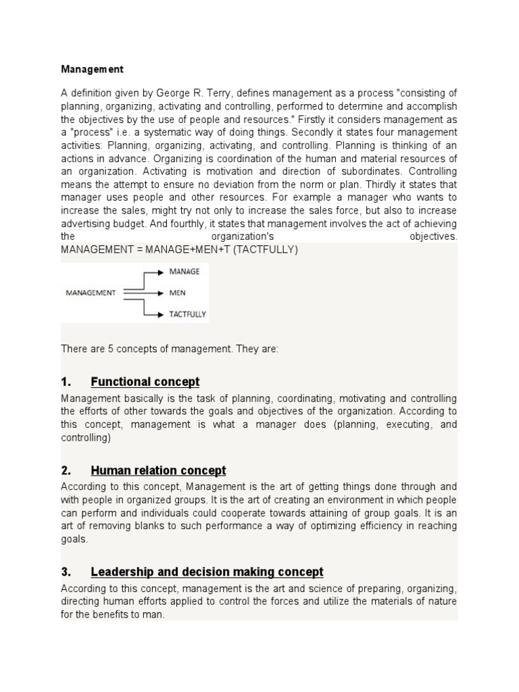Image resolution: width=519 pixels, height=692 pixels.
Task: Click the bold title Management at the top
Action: click(93, 69)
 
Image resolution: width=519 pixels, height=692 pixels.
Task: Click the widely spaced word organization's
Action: click(243, 237)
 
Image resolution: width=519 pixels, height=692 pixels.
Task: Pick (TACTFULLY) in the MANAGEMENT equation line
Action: click(264, 249)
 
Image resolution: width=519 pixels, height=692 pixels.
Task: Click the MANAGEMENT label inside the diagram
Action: click(91, 293)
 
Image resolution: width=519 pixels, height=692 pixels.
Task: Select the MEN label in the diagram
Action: click(177, 293)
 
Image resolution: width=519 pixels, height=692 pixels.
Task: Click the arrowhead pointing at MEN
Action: click(159, 293)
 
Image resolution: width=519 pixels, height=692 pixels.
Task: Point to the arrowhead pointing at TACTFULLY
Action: click(159, 314)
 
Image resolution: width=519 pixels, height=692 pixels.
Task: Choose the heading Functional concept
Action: click(145, 382)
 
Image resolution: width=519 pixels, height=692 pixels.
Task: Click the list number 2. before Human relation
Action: click(66, 470)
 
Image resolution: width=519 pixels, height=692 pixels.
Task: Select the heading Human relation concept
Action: click(158, 470)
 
